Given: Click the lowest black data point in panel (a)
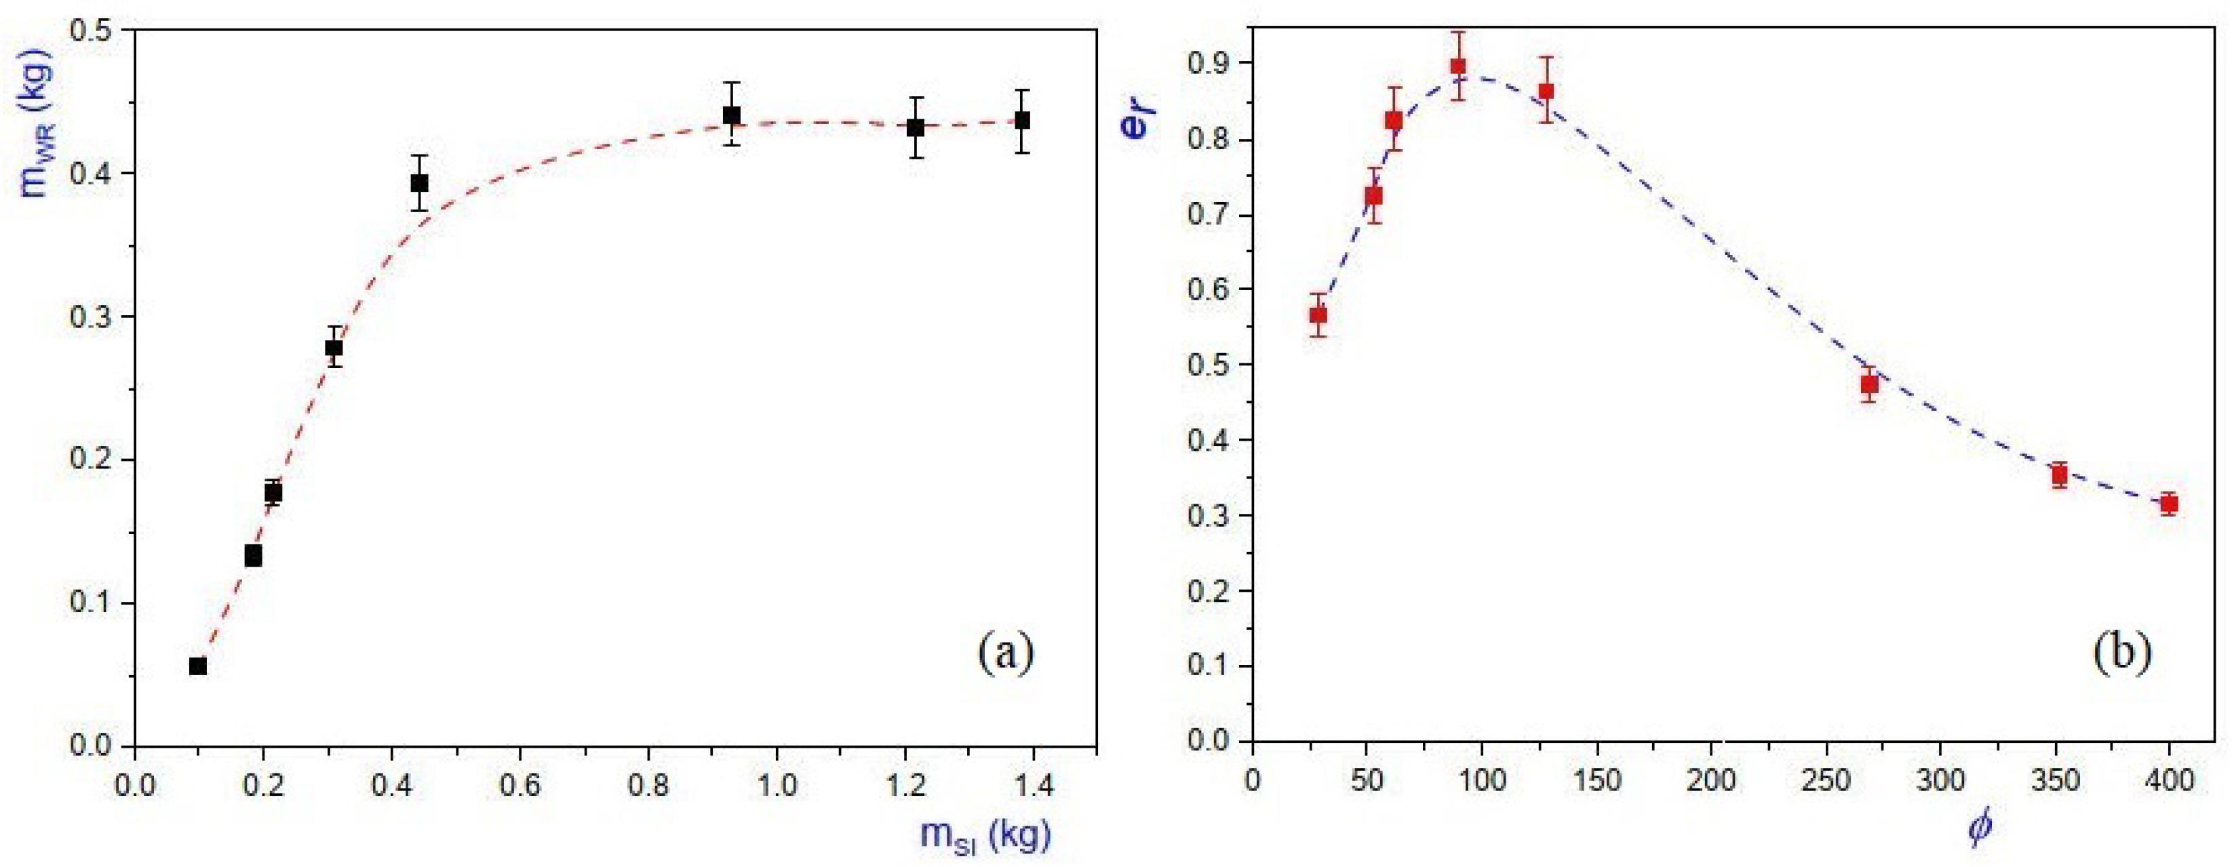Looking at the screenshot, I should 198,666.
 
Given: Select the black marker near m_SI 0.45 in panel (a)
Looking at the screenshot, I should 420,183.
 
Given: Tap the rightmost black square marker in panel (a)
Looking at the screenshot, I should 1023,121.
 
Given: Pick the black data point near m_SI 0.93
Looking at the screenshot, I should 732,115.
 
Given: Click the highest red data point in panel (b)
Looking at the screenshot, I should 1458,66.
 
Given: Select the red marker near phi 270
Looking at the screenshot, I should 1870,384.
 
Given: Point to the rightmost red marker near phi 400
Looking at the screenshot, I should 2170,504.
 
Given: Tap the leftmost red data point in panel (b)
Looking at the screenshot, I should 1318,315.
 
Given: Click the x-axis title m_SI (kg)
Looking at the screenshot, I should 986,836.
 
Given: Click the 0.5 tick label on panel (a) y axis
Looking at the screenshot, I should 91,31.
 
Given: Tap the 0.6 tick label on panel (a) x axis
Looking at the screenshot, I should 520,787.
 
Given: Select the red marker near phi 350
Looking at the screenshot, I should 2060,475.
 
